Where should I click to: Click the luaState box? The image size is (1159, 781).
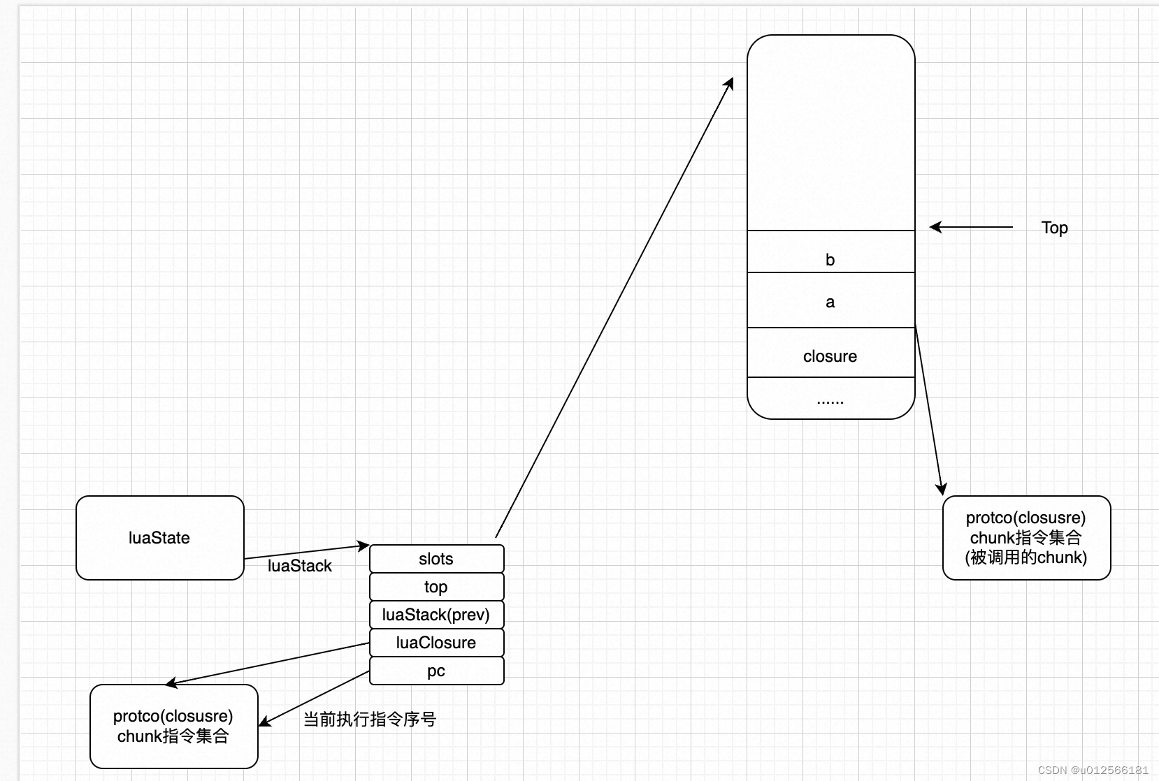(x=159, y=538)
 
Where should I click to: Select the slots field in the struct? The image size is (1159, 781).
(x=436, y=559)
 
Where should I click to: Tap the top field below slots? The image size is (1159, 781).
(x=436, y=587)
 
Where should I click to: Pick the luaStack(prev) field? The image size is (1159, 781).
(x=436, y=615)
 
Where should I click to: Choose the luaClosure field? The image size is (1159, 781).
(x=436, y=643)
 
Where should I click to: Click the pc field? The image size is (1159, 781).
(x=436, y=671)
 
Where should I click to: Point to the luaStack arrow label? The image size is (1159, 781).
(x=299, y=566)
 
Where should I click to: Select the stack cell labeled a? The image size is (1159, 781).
(x=830, y=301)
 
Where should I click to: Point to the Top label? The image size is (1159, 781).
(x=1054, y=228)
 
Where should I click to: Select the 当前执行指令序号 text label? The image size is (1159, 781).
(x=369, y=720)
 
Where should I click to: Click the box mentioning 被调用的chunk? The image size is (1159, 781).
(x=1026, y=538)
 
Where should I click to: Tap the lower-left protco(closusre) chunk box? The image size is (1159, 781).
(x=173, y=727)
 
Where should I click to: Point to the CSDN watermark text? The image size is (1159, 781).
(x=1093, y=770)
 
